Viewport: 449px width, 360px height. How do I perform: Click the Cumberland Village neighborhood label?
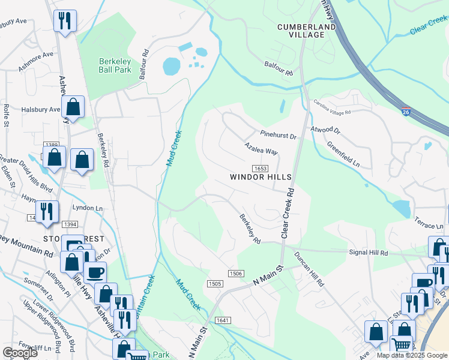tap(301, 31)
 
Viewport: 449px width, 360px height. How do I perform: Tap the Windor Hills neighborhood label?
tap(261, 178)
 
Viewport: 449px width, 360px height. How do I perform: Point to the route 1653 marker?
tap(260, 169)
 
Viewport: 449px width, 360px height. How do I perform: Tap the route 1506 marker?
tap(236, 274)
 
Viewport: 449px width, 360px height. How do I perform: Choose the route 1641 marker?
tap(223, 320)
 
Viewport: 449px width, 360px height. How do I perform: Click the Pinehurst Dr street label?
tap(279, 136)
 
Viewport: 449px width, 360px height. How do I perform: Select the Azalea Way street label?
tap(261, 149)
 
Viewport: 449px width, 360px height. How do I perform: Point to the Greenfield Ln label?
tap(343, 154)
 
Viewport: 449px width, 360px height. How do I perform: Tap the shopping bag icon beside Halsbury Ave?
tap(73, 108)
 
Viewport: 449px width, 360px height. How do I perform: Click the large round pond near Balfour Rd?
tap(171, 66)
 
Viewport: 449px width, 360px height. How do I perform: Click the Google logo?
tap(20, 353)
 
